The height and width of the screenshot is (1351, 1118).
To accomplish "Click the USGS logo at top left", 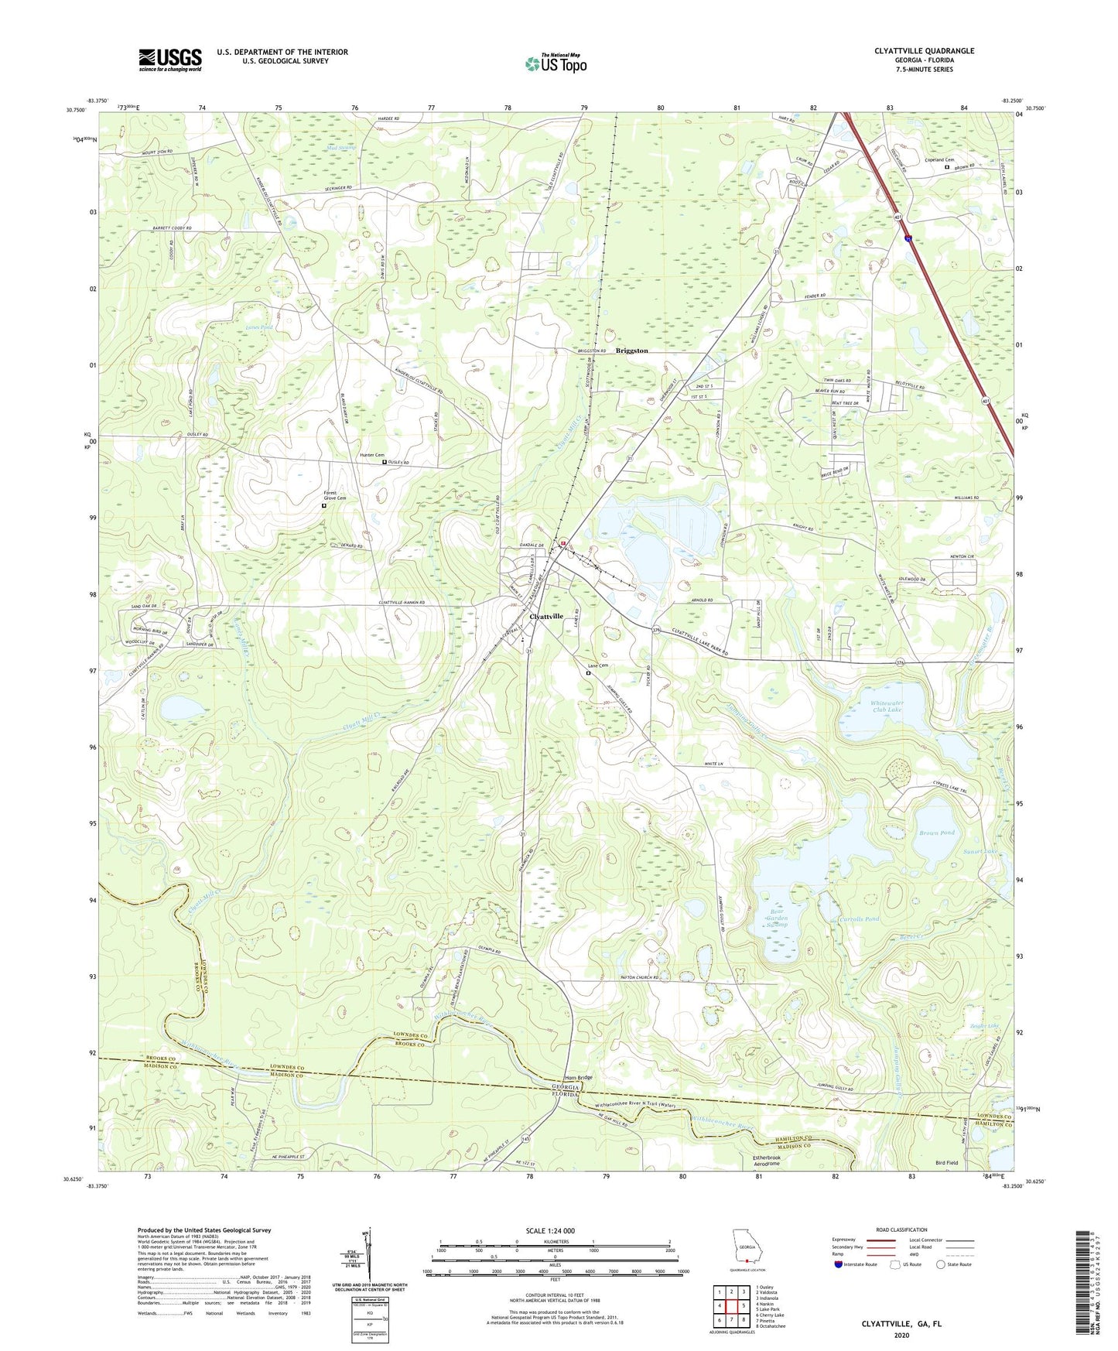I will click(170, 60).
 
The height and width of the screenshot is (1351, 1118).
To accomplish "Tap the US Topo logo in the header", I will click(556, 63).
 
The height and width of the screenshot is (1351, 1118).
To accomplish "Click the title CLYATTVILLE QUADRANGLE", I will click(924, 51).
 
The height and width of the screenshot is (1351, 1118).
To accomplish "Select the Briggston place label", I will click(631, 351).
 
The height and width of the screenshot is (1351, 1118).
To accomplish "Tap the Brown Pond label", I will click(936, 833).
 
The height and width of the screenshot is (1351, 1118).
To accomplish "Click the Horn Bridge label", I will click(578, 1077).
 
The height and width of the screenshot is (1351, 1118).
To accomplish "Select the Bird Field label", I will click(946, 1163).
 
